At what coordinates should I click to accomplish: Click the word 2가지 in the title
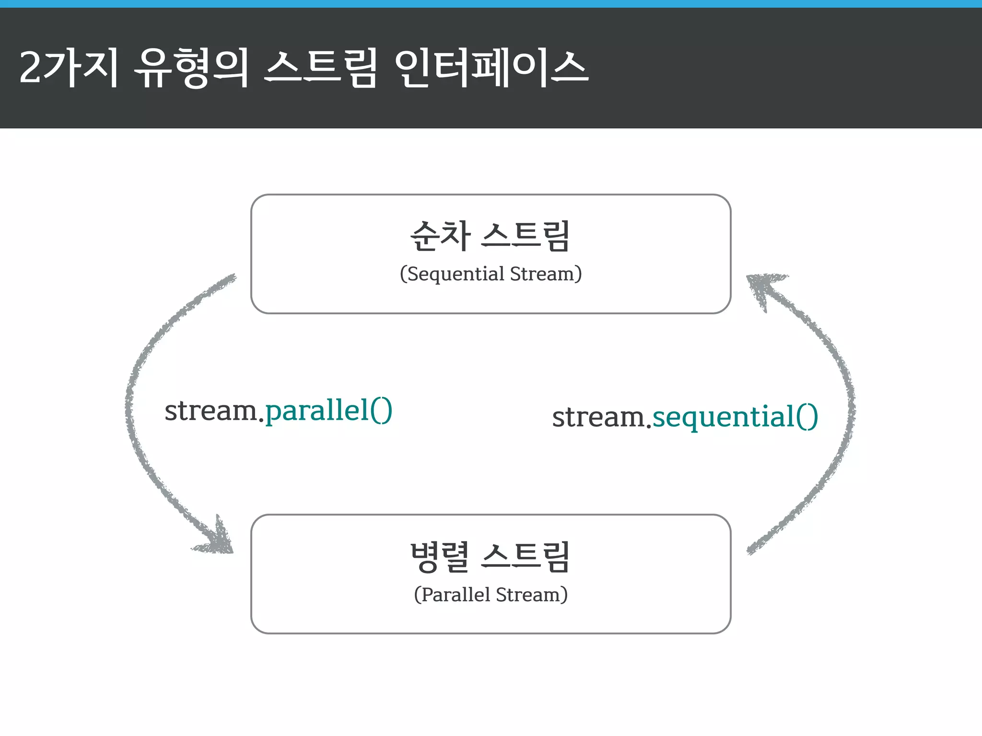pyautogui.click(x=69, y=69)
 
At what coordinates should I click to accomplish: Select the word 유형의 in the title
pyautogui.click(x=192, y=69)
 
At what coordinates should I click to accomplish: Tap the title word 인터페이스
pyautogui.click(x=491, y=69)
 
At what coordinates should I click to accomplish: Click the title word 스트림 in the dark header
pyautogui.click(x=321, y=69)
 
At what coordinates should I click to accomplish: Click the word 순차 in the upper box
pyautogui.click(x=440, y=236)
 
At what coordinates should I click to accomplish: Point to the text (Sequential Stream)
pyautogui.click(x=491, y=274)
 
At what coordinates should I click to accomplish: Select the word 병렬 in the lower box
pyautogui.click(x=440, y=557)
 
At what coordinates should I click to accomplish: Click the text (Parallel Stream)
pyautogui.click(x=491, y=595)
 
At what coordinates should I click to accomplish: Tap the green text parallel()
pyautogui.click(x=329, y=411)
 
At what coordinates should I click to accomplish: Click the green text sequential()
pyautogui.click(x=735, y=417)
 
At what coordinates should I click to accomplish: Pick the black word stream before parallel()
pyautogui.click(x=211, y=411)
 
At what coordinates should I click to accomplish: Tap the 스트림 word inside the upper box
pyautogui.click(x=526, y=236)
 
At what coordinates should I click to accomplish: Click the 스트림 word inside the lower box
pyautogui.click(x=526, y=557)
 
